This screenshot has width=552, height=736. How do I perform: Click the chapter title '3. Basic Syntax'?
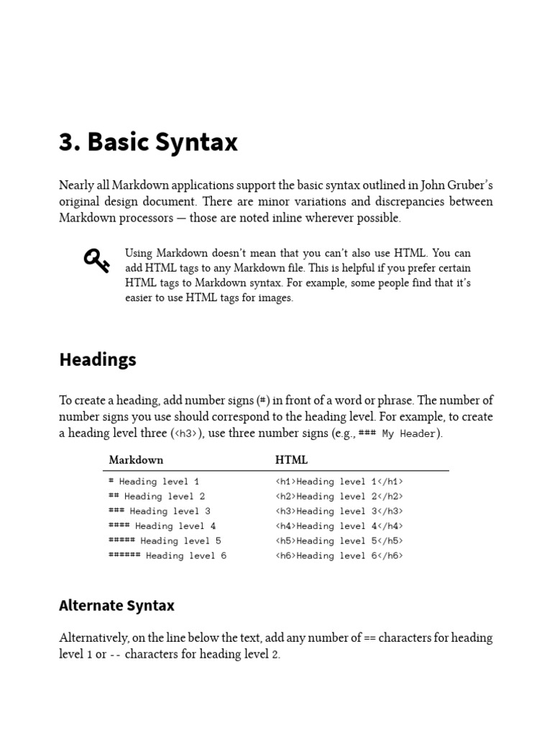point(148,142)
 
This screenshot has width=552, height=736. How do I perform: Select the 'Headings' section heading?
point(97,360)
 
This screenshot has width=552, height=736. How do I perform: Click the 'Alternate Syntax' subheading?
point(116,605)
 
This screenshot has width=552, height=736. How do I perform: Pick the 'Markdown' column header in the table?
point(136,460)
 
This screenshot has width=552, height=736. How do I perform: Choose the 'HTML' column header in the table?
point(291,460)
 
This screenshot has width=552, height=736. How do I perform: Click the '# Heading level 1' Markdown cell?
point(154,482)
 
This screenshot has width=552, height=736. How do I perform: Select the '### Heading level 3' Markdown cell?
point(159,511)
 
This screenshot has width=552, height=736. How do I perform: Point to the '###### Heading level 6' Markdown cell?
point(167,556)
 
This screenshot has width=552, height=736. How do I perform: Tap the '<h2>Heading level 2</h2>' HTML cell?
point(339,496)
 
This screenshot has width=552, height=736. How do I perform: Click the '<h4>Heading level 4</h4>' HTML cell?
point(339,526)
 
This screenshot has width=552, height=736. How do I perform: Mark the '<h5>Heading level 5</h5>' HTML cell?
point(339,540)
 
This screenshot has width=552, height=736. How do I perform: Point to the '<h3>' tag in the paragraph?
point(185,433)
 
